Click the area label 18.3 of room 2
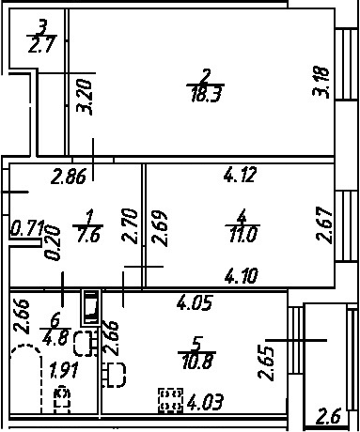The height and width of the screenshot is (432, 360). (207, 94)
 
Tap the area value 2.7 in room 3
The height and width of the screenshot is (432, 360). (42, 44)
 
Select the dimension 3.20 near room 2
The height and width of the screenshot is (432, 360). (85, 98)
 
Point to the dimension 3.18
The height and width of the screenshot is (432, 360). (321, 82)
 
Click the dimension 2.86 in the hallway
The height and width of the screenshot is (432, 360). (69, 177)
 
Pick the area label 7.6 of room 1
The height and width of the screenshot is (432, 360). (88, 234)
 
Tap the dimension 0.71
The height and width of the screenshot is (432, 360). (27, 227)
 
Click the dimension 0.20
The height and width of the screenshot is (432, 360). (52, 243)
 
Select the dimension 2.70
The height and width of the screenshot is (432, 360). (130, 226)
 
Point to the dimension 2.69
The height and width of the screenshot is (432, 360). (160, 227)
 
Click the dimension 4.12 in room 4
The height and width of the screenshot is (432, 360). (241, 175)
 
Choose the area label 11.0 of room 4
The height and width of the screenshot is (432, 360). (243, 235)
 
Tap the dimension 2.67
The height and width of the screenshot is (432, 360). (324, 224)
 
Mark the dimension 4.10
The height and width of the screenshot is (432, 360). (242, 276)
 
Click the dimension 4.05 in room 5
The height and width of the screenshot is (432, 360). (195, 302)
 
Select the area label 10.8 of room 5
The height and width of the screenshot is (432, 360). (197, 362)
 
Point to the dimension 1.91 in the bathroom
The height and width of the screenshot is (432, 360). (64, 370)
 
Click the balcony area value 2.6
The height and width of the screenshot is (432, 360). (328, 417)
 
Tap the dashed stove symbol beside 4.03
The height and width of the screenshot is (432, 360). (170, 400)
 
